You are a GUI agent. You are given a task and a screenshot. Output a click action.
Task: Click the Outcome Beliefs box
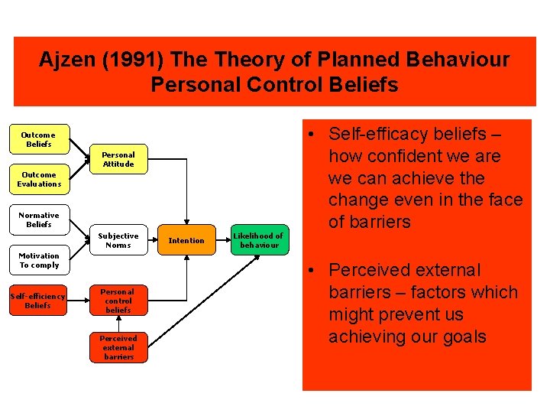39,139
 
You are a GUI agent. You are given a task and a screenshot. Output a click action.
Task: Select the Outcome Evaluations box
39,179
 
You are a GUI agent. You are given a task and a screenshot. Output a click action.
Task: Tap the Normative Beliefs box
39,220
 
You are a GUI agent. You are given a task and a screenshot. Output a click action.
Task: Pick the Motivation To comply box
39,260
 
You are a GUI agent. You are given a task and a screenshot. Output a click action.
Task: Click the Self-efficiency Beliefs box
38,301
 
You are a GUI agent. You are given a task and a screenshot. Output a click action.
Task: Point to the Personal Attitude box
118,159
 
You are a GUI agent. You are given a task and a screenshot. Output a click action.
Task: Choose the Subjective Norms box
118,240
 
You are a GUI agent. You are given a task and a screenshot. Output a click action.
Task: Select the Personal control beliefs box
118,301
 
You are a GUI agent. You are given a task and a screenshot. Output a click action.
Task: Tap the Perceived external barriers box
118,347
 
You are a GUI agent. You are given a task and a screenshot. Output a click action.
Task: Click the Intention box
186,240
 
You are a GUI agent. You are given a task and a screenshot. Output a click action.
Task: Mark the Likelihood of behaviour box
258,240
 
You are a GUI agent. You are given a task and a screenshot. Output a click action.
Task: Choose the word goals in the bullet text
461,337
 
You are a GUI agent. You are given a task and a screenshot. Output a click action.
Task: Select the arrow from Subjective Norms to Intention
155,240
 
